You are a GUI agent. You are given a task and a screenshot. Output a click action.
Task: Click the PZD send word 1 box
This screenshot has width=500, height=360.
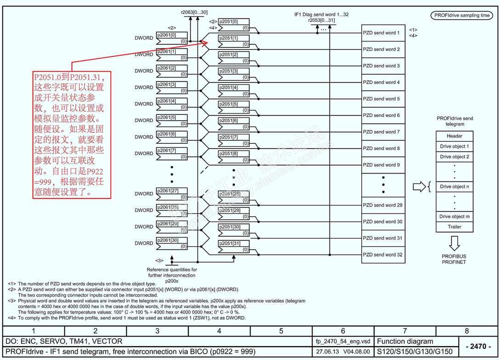(383, 33)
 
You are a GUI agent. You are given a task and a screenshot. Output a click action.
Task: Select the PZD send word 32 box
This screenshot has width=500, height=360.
(383, 255)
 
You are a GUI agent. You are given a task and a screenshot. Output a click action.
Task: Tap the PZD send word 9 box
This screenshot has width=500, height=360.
(383, 165)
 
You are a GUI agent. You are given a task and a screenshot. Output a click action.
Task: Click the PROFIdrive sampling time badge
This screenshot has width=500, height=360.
(462, 15)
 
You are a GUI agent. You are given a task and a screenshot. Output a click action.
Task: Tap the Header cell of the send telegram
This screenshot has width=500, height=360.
(455, 136)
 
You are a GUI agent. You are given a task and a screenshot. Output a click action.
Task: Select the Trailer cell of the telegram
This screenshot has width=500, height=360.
(455, 227)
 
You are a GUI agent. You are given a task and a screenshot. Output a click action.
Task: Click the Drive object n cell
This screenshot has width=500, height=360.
(455, 187)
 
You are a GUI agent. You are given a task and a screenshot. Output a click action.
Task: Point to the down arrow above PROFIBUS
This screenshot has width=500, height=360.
(455, 242)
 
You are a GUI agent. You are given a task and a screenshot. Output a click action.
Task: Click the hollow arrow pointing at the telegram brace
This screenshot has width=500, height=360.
(420, 187)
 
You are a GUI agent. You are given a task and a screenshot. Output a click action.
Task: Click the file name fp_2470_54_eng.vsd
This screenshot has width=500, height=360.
(343, 342)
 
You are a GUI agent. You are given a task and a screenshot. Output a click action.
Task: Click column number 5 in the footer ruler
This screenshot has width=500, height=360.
(281, 331)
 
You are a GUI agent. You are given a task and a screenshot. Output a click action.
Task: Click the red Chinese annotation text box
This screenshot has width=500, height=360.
(72, 134)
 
